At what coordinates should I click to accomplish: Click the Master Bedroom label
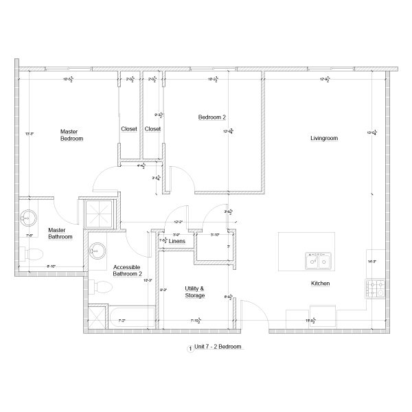click(x=71, y=135)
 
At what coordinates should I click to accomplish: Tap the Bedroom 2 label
click(x=212, y=117)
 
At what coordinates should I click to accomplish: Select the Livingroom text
click(x=324, y=139)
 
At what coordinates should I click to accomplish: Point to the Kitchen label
click(x=321, y=283)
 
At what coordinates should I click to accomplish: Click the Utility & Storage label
click(x=195, y=292)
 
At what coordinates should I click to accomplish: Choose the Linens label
click(x=177, y=242)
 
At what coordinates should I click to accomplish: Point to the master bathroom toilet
click(x=29, y=255)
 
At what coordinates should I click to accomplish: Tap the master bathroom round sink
click(x=27, y=219)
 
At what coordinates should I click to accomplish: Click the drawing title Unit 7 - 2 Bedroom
click(x=218, y=347)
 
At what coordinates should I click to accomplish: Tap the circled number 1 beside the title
click(x=190, y=348)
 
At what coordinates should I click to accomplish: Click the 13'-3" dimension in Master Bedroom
click(x=29, y=134)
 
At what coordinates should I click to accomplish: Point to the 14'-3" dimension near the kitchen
click(x=373, y=261)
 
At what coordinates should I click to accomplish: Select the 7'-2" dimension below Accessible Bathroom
click(x=122, y=320)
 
